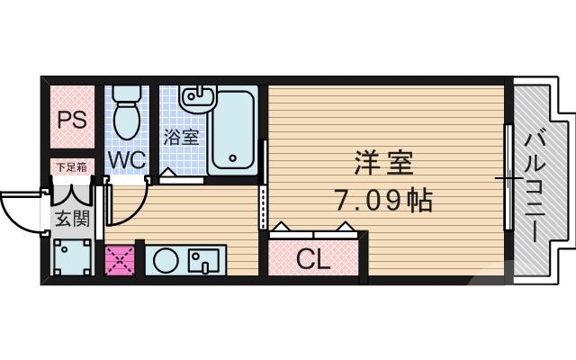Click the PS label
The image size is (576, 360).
(x=72, y=120)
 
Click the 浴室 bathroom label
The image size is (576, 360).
(x=181, y=138)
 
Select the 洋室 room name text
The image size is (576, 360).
(x=382, y=164)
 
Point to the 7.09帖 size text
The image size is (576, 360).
(x=383, y=199)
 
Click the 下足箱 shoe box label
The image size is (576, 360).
(x=71, y=166)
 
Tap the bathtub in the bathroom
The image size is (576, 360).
(x=231, y=131)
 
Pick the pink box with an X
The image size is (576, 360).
(x=118, y=261)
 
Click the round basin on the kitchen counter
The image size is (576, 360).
(x=165, y=261)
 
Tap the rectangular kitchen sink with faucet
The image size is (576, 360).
(x=206, y=261)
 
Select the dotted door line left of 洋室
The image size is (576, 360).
(x=263, y=207)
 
